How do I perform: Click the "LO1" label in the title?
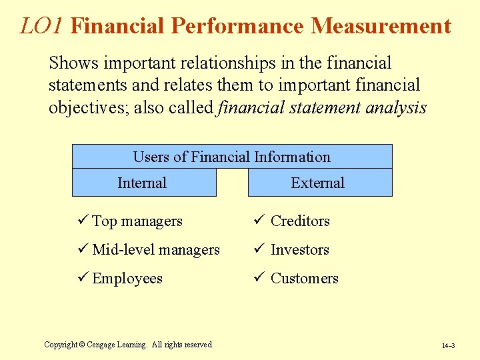click(42, 26)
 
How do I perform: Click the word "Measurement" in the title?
click(381, 26)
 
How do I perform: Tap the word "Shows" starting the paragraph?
click(73, 63)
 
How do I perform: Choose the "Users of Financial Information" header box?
click(231, 157)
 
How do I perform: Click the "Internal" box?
click(143, 183)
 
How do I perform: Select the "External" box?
click(319, 183)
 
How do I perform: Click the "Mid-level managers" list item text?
click(156, 250)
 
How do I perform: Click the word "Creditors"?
click(300, 221)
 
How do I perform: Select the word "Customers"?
click(304, 279)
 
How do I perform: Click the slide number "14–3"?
click(448, 346)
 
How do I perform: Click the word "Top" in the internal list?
click(104, 221)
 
